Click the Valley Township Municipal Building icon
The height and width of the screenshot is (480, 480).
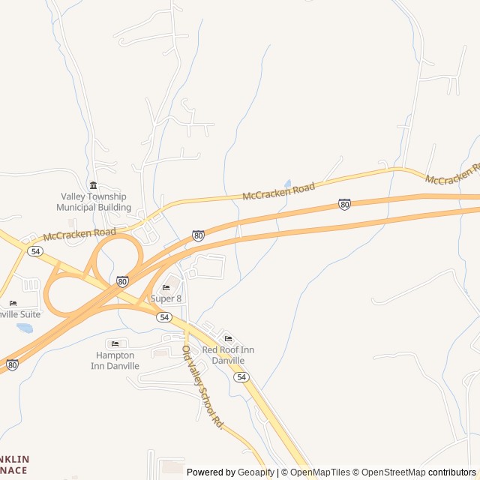pyautogui.click(x=93, y=185)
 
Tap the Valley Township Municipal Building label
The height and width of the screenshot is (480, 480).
pyautogui.click(x=94, y=202)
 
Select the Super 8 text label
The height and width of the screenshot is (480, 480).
pyautogui.click(x=166, y=298)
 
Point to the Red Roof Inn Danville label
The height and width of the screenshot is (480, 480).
pyautogui.click(x=228, y=355)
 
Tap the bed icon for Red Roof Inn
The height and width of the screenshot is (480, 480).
pyautogui.click(x=228, y=339)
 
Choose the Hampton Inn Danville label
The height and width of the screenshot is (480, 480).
pyautogui.click(x=115, y=361)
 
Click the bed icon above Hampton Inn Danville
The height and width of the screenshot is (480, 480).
pyautogui.click(x=114, y=343)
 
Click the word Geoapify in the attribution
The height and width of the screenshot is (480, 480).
pyautogui.click(x=256, y=472)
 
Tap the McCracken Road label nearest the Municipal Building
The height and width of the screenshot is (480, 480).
pyautogui.click(x=79, y=234)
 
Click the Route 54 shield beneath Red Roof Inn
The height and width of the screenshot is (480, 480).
pyautogui.click(x=240, y=377)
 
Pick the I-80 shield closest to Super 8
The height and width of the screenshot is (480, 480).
pyautogui.click(x=122, y=281)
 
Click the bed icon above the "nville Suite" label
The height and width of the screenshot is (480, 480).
pyautogui.click(x=12, y=303)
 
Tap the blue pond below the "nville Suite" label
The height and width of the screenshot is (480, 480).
pyautogui.click(x=25, y=328)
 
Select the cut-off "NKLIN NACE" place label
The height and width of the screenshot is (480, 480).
pyautogui.click(x=14, y=464)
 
